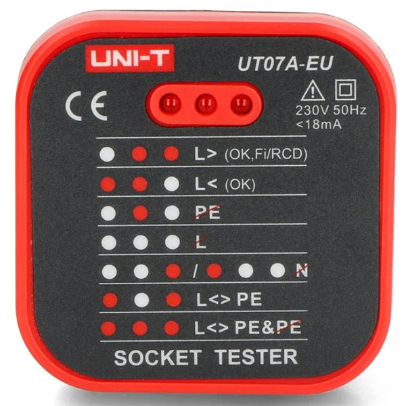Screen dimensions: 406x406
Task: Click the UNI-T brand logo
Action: (x=129, y=58)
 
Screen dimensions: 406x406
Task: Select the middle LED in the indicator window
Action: (x=206, y=104)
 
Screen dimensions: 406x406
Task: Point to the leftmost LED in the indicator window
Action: (x=171, y=104)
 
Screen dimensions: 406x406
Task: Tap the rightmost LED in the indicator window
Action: (x=240, y=104)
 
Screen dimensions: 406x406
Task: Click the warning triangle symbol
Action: (x=311, y=90)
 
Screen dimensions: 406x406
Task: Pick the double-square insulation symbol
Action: (x=344, y=89)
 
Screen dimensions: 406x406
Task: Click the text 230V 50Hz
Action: (x=330, y=110)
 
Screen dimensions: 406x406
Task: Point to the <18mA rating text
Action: (x=319, y=124)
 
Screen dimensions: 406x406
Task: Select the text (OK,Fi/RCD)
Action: (x=265, y=154)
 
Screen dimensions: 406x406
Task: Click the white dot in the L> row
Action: (x=106, y=154)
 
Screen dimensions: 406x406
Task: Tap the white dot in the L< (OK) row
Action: (x=172, y=183)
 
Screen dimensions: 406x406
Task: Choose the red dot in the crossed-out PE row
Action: (x=139, y=212)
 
